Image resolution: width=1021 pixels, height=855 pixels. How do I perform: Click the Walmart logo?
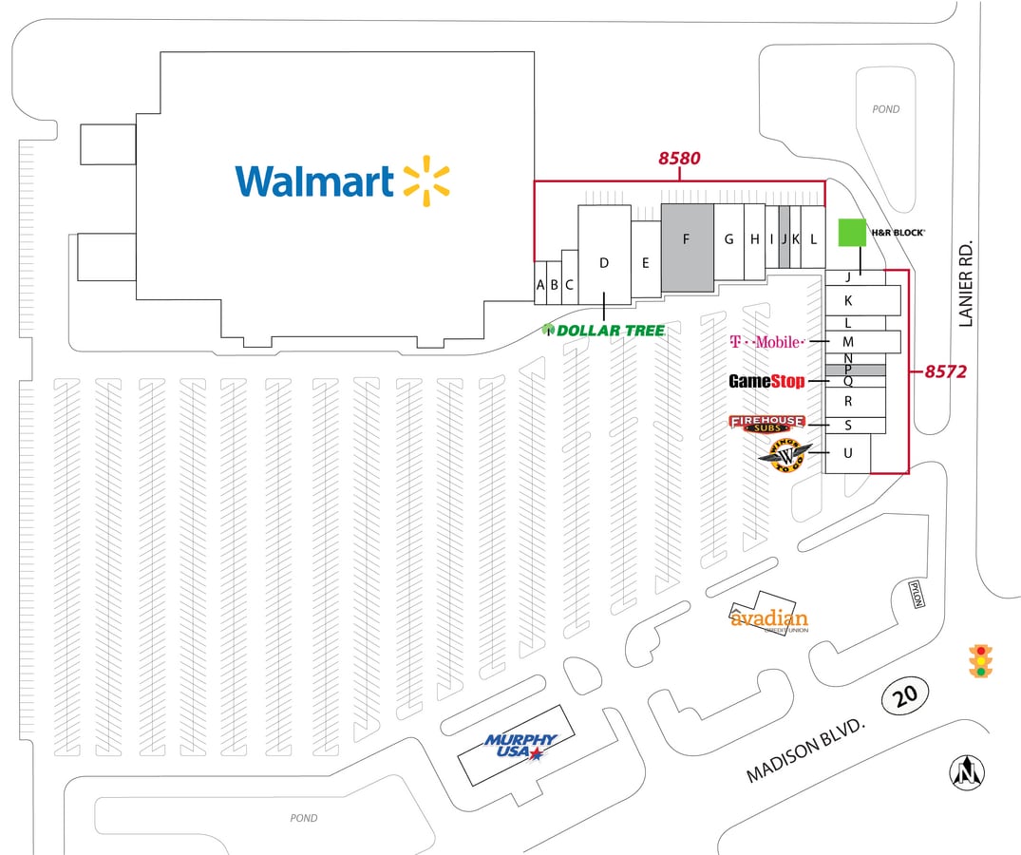[x=342, y=180]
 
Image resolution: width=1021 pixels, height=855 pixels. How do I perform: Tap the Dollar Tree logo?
[x=603, y=330]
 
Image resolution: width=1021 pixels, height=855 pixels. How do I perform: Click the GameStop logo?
[x=766, y=382]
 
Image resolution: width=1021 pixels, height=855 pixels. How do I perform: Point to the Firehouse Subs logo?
[x=766, y=424]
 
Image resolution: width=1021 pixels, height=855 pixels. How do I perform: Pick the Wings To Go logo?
[x=785, y=454]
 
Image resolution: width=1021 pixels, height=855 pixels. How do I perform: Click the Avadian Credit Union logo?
[x=769, y=619]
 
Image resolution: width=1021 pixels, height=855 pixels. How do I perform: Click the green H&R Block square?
[x=852, y=233]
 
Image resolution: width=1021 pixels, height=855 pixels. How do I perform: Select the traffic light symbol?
[x=981, y=661]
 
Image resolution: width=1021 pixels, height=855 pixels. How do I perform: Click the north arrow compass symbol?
[x=968, y=771]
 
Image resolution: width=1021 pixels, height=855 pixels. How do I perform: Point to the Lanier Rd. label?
[x=967, y=283]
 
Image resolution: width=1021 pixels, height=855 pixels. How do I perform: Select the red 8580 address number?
[x=680, y=159]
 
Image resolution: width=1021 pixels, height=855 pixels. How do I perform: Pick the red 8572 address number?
[x=946, y=371]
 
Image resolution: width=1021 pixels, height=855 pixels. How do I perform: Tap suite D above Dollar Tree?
[x=604, y=262]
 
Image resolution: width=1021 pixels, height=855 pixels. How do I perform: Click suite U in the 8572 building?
[x=848, y=454]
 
